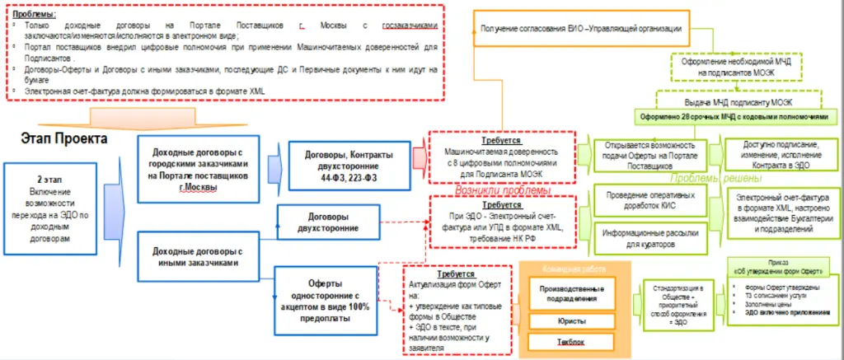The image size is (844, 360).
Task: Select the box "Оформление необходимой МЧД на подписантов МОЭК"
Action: (x=724, y=68)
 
